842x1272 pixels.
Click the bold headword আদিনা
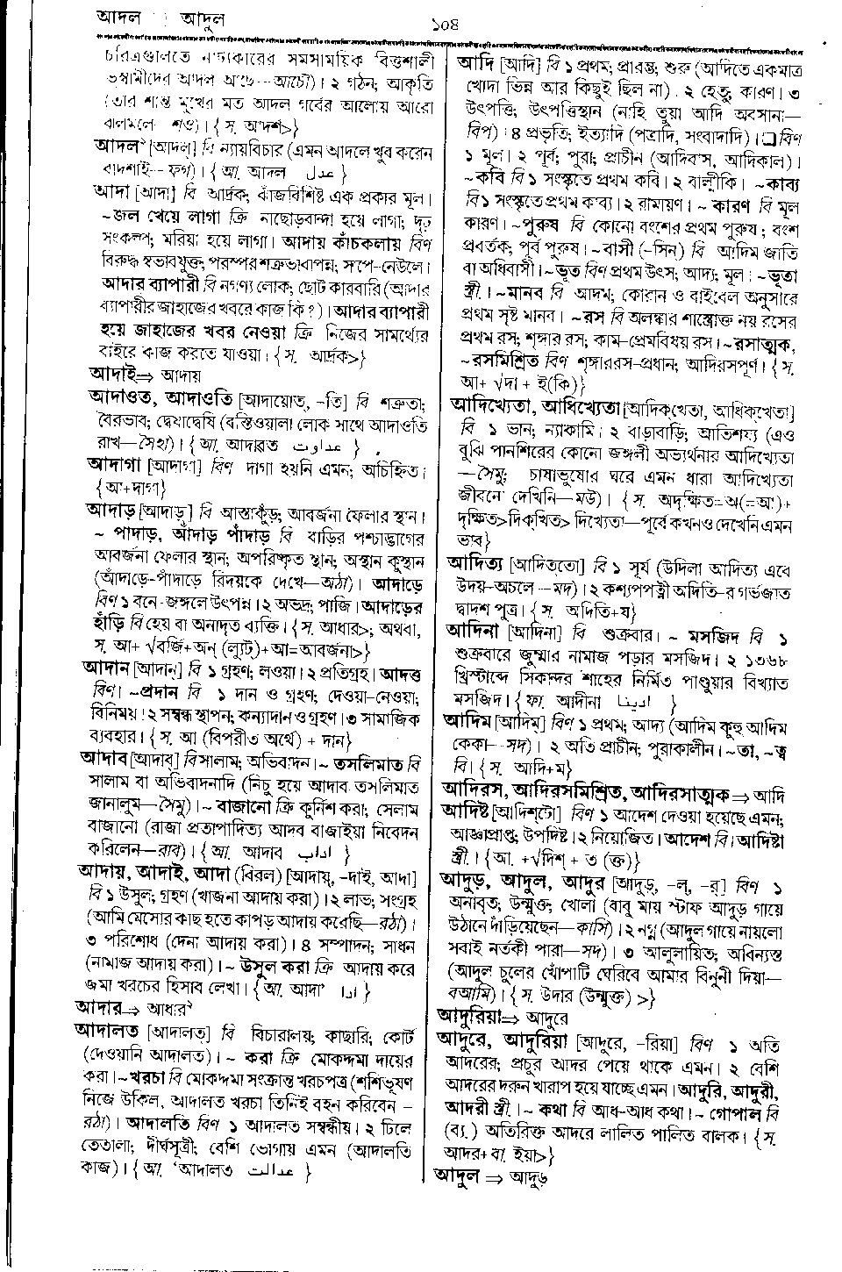point(475,630)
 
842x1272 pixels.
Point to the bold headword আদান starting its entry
point(105,667)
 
